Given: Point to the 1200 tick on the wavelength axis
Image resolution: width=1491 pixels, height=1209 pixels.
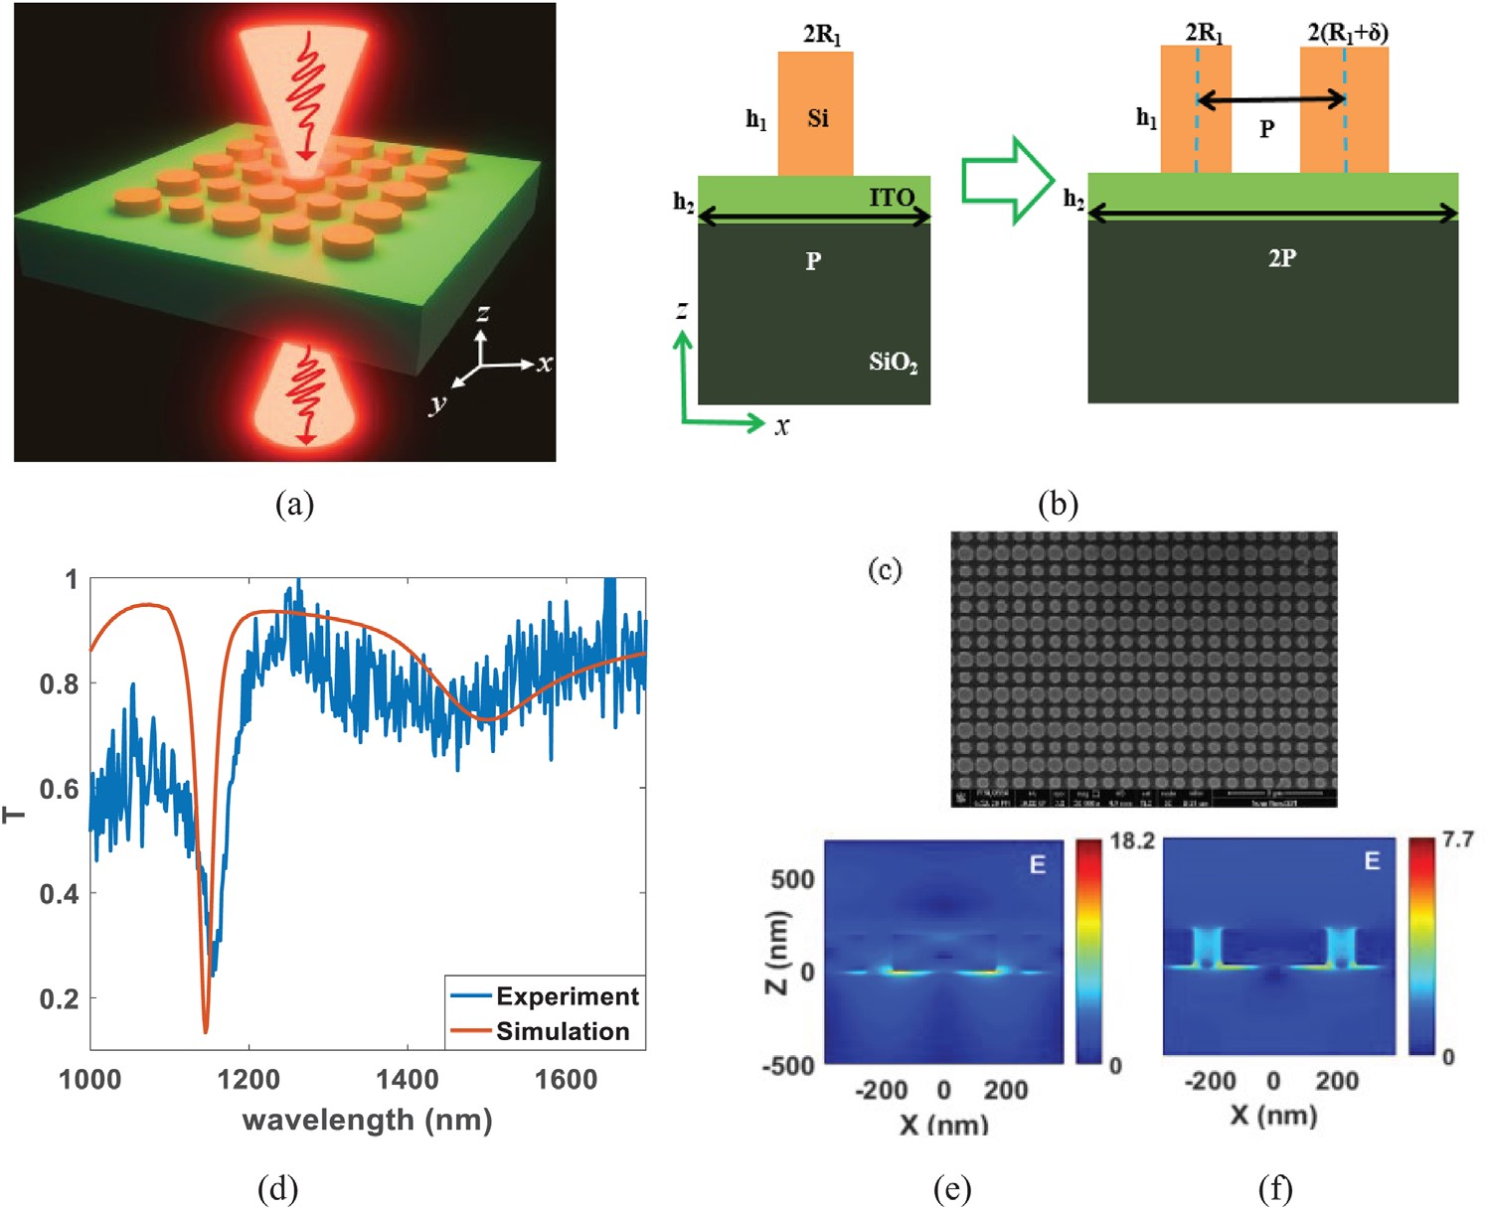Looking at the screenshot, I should [x=248, y=1080].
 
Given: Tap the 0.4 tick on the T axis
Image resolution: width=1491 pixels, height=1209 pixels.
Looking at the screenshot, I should [x=60, y=893].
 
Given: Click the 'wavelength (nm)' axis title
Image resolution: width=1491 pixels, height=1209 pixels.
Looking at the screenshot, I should [x=368, y=1120].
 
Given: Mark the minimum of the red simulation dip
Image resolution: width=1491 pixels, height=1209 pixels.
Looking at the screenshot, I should [x=206, y=1031].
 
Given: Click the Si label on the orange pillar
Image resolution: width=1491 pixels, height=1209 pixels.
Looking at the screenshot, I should [x=818, y=119].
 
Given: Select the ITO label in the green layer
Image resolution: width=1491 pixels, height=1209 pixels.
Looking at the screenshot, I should [x=892, y=198].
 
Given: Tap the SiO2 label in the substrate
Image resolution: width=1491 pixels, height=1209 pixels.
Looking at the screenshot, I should [x=893, y=362].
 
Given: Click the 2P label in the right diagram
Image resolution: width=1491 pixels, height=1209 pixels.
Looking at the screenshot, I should [x=1281, y=258].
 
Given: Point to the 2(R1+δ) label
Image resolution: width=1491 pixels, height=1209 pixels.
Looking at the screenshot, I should [x=1347, y=33].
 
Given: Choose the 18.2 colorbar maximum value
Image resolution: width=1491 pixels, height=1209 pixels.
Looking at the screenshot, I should [x=1132, y=842].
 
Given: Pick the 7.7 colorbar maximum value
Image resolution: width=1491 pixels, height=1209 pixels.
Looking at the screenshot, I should [x=1458, y=841].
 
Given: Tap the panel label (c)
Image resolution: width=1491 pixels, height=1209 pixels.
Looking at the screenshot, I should [x=885, y=569].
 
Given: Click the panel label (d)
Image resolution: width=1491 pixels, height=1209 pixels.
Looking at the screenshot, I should [x=277, y=1188].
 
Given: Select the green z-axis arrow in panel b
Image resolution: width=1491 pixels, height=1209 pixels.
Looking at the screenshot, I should [x=683, y=373].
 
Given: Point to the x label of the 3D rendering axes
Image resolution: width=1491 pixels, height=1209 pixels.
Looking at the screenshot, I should [x=545, y=364].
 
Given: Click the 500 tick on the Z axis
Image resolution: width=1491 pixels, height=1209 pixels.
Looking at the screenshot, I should [x=792, y=879].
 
